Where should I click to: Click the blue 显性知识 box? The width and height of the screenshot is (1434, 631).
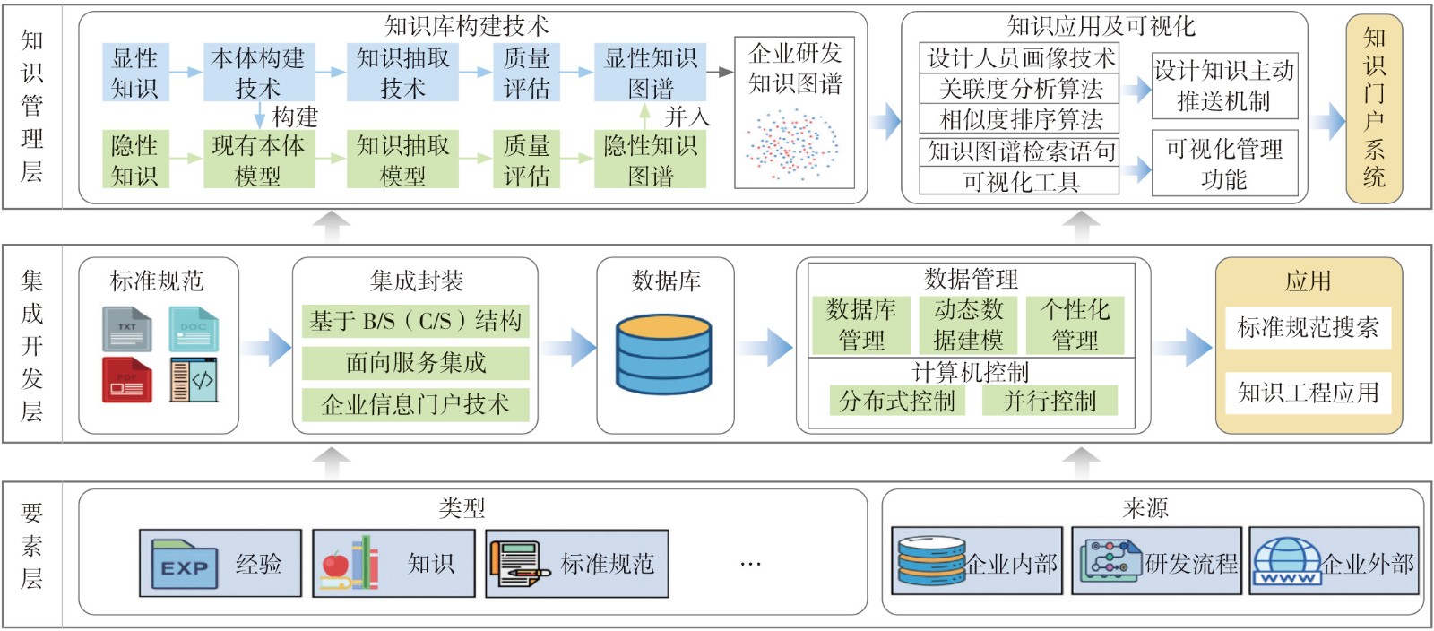click(134, 73)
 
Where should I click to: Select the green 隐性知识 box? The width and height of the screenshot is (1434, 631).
click(134, 160)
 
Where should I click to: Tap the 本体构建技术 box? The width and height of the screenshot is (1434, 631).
click(258, 73)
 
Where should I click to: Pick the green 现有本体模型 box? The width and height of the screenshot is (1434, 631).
click(258, 160)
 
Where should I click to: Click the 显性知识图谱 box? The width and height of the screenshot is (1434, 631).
click(650, 73)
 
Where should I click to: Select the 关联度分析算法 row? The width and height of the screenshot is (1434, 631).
click(1019, 89)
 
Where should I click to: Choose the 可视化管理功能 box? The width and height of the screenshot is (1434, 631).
click(1224, 163)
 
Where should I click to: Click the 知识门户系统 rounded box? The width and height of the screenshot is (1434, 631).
click(1373, 108)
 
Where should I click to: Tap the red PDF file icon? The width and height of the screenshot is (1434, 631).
click(126, 380)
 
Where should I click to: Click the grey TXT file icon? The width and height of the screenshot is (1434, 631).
click(126, 329)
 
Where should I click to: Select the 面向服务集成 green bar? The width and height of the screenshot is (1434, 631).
click(415, 363)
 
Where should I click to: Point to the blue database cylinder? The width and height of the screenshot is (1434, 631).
click(664, 355)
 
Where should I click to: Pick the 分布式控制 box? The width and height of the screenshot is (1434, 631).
click(897, 401)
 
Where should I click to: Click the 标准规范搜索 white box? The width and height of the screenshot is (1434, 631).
click(1308, 328)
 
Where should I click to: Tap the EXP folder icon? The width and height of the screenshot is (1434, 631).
click(184, 564)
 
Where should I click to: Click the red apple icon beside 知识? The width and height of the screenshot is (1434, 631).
click(335, 565)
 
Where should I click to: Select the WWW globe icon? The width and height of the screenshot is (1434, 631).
click(1287, 561)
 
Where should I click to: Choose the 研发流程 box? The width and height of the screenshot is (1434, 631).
click(1156, 562)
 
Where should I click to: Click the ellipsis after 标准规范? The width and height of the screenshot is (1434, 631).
click(750, 565)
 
